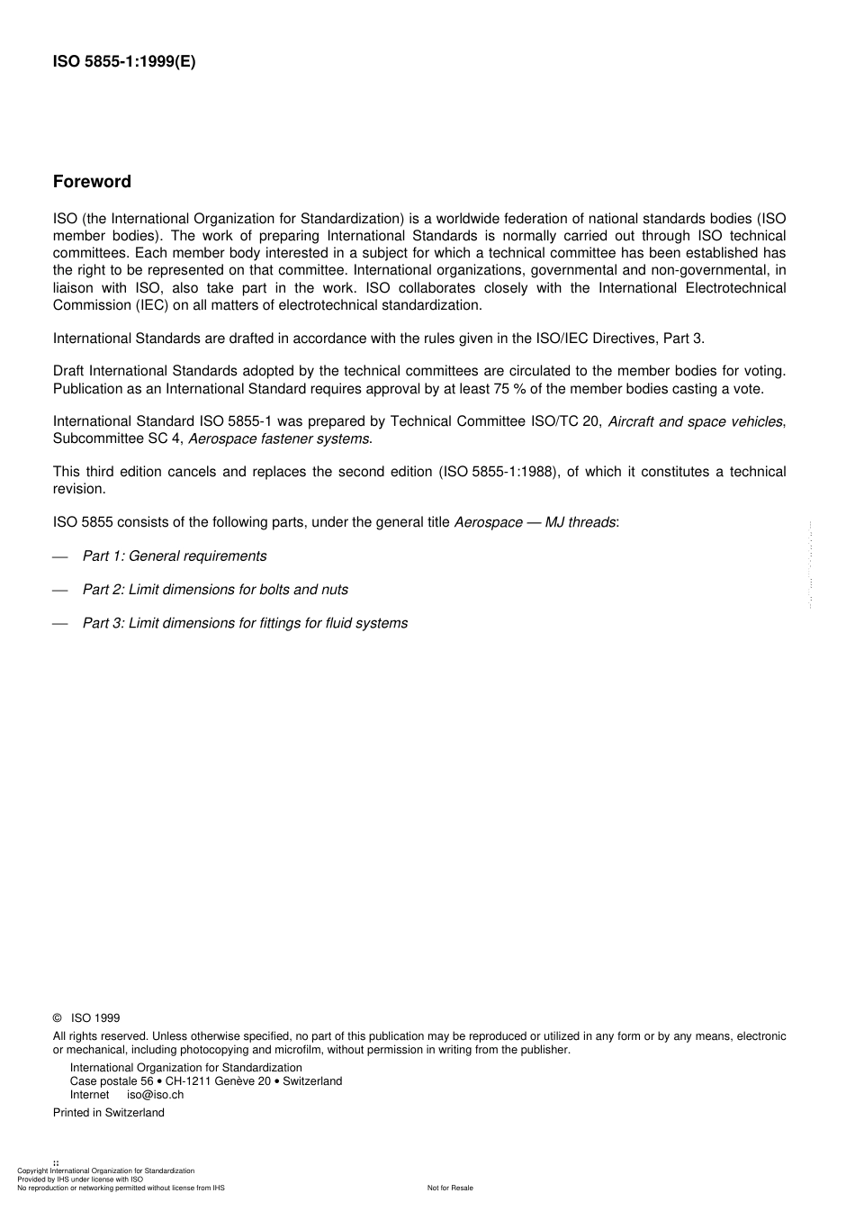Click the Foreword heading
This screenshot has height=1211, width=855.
92,182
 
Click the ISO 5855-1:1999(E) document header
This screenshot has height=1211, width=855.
124,62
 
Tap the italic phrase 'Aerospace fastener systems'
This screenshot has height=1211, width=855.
279,438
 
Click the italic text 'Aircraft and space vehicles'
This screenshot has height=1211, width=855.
695,421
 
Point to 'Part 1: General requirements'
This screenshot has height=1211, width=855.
175,556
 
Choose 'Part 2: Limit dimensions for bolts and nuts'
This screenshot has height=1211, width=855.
215,589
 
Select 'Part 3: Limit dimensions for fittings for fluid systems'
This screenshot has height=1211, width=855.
245,623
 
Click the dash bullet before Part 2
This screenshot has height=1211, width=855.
60,590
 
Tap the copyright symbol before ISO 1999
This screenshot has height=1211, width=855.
58,1018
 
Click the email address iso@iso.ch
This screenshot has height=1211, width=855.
155,1095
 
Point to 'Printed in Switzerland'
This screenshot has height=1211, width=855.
109,1113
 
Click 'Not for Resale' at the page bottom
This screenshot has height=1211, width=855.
450,1188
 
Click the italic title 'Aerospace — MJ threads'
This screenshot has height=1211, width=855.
535,522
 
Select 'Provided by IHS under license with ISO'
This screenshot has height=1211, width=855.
80,1179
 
